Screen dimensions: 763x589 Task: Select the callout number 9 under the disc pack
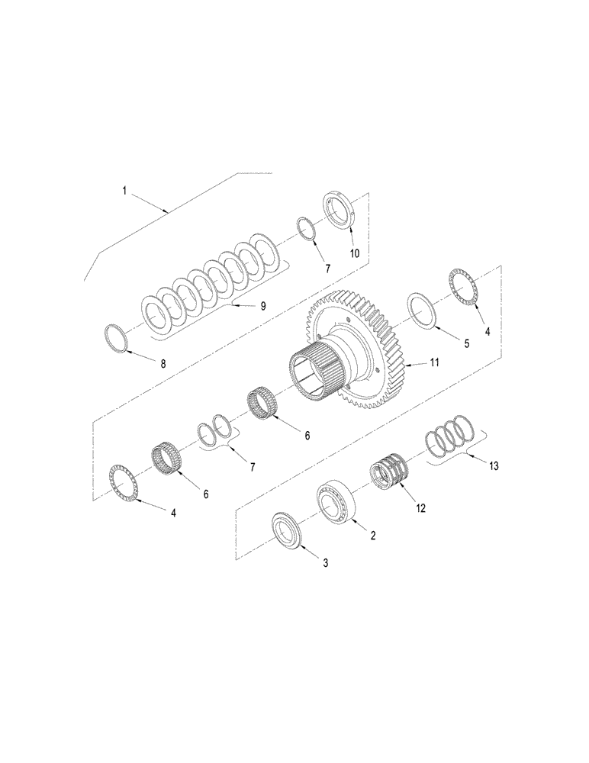coord(263,305)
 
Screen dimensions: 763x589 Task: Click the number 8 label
coord(163,365)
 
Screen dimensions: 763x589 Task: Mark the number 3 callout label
coord(325,563)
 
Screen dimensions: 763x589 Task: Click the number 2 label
coord(374,536)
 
